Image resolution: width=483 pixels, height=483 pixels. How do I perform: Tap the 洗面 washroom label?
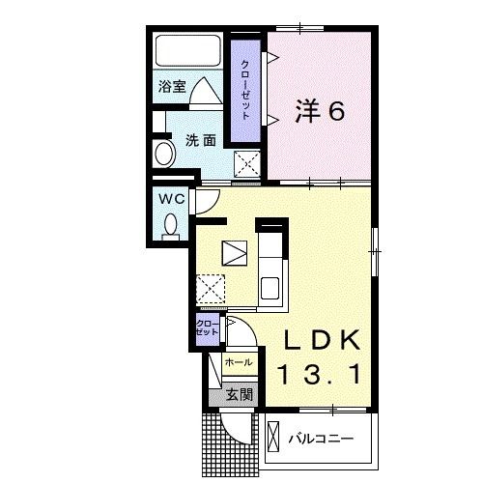pyautogui.click(x=200, y=140)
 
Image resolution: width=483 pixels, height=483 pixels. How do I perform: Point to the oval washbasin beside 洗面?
pyautogui.click(x=160, y=154)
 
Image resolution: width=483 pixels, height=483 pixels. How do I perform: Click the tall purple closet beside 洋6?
pyautogui.click(x=245, y=88)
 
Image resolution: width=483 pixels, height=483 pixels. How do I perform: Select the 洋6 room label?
pyautogui.click(x=318, y=113)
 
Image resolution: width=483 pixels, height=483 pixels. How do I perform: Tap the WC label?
pyautogui.click(x=171, y=198)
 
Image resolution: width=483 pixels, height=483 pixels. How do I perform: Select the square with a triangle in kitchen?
pyautogui.click(x=236, y=252)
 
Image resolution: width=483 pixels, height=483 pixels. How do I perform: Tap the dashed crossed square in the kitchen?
pyautogui.click(x=212, y=288)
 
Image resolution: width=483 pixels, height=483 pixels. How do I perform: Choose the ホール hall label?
pyautogui.click(x=239, y=362)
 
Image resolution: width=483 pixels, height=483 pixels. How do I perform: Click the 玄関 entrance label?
pyautogui.click(x=240, y=393)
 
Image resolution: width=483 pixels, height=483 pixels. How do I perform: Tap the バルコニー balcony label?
pyautogui.click(x=320, y=439)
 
